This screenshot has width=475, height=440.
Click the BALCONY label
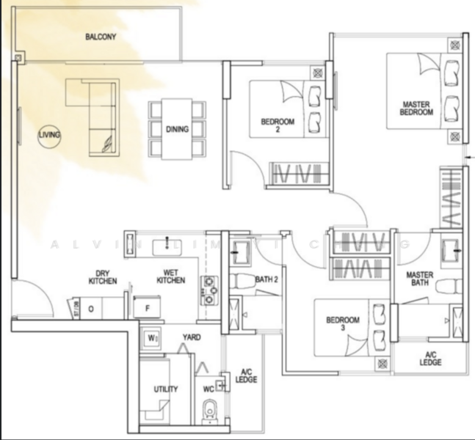pos(101,37)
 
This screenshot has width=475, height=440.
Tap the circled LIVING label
pos(50,135)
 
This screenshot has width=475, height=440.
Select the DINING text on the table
pos(177,129)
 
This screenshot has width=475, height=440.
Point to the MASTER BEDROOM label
pos(416,108)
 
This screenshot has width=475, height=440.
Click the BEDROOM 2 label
pos(278,125)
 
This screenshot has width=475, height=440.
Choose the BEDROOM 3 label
pos(342,325)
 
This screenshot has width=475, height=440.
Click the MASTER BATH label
pos(421,279)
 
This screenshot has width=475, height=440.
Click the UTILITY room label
pos(164,389)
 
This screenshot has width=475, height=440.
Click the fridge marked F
pos(148,308)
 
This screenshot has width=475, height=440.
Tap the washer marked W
pos(152,339)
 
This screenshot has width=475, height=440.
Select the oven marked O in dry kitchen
pos(91,309)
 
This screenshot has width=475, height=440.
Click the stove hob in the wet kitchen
pos(209,290)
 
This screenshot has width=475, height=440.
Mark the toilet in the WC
pos(209,411)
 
